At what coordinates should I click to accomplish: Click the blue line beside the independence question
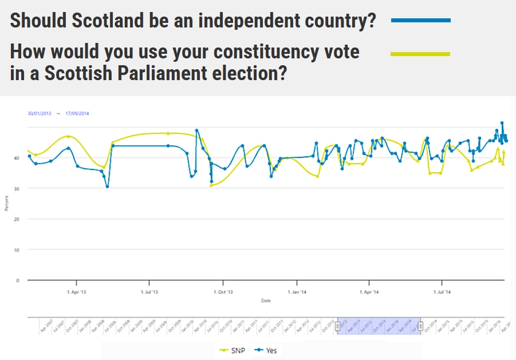420,20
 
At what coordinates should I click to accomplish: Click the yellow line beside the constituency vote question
420,54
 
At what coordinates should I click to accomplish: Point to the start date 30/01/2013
40,113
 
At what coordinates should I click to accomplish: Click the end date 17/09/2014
77,113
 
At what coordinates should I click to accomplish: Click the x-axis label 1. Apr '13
76,292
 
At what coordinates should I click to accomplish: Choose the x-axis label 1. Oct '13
223,292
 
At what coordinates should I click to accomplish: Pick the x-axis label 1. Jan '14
297,292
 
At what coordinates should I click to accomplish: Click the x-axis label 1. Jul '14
442,292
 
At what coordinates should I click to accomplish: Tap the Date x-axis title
266,300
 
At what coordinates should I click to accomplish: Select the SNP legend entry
231,350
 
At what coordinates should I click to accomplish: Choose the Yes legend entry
267,350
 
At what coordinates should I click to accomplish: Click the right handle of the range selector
421,326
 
